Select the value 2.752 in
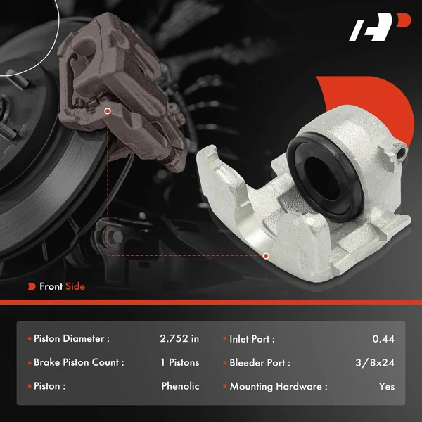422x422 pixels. pyautogui.click(x=179, y=339)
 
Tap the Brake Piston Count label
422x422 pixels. pyautogui.click(x=79, y=363)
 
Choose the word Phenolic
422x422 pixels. pyautogui.click(x=180, y=386)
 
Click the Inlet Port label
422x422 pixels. pyautogui.click(x=252, y=339)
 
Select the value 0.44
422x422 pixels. pyautogui.click(x=383, y=339)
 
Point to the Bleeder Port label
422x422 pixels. pyautogui.click(x=260, y=363)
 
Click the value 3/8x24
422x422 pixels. pyautogui.click(x=374, y=363)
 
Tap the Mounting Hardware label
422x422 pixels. pyautogui.click(x=279, y=386)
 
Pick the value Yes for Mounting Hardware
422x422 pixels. pyautogui.click(x=386, y=386)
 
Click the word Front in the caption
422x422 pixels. pyautogui.click(x=51, y=286)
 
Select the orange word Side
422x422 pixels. pyautogui.click(x=75, y=286)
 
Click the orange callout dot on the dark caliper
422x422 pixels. pyautogui.click(x=107, y=110)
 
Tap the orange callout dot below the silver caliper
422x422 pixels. pyautogui.click(x=266, y=256)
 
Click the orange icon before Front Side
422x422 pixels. pyautogui.click(x=32, y=286)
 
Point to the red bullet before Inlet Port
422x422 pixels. pyautogui.click(x=224, y=339)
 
